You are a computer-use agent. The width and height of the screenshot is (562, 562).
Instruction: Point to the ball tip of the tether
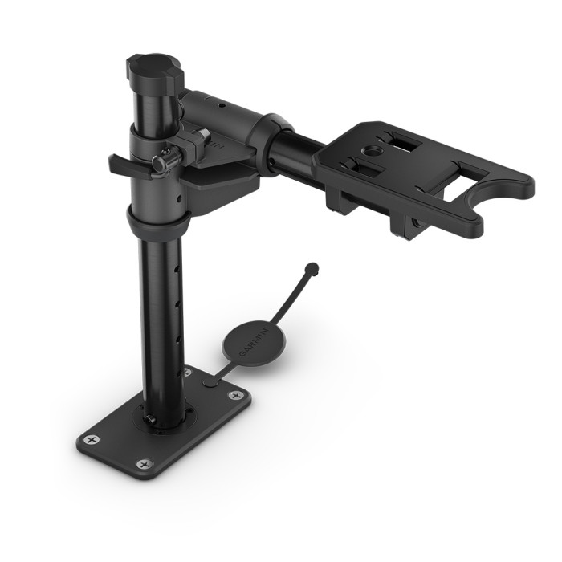point(312,268)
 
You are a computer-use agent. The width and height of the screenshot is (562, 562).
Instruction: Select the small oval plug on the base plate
point(212,382)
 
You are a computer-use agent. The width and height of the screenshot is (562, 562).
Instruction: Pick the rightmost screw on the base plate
point(236,395)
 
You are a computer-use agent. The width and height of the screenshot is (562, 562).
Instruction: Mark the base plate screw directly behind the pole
point(187,373)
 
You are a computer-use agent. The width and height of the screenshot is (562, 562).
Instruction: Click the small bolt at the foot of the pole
point(150,419)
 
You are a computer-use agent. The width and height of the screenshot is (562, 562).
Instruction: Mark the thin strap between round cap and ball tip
point(294,298)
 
